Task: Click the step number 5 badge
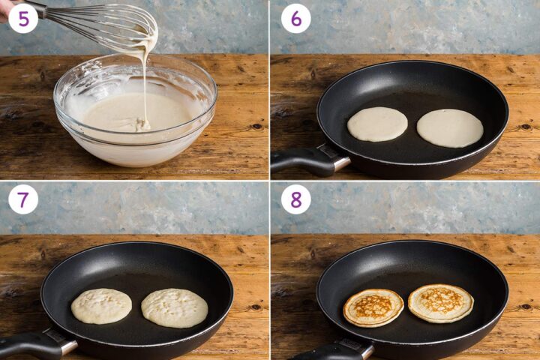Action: (23, 18)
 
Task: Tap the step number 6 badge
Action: (295, 18)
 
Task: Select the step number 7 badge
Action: (23, 199)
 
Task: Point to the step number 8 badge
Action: (295, 199)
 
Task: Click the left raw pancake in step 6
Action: (377, 124)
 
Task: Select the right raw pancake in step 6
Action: (450, 127)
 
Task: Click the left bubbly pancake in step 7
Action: (101, 306)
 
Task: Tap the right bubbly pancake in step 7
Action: (175, 307)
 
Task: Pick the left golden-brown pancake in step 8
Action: (373, 307)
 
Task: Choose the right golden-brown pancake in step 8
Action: (441, 303)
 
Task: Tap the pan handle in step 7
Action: (30, 345)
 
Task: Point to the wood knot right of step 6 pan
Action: (525, 126)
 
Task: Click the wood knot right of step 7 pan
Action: (255, 307)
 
